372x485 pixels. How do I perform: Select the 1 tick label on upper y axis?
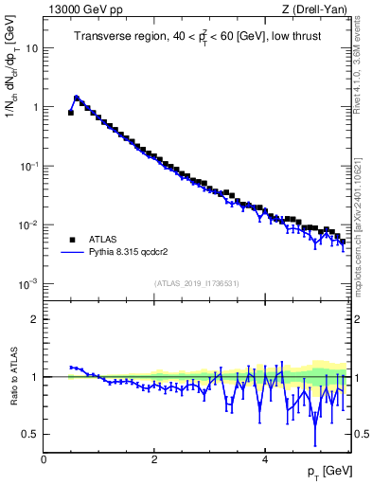pos(35,107)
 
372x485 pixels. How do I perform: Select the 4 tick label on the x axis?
pos(264,459)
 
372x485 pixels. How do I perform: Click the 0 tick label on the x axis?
pos(44,459)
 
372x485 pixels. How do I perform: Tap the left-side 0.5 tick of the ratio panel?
pos(31,434)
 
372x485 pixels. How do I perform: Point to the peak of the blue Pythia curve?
pos(76,97)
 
